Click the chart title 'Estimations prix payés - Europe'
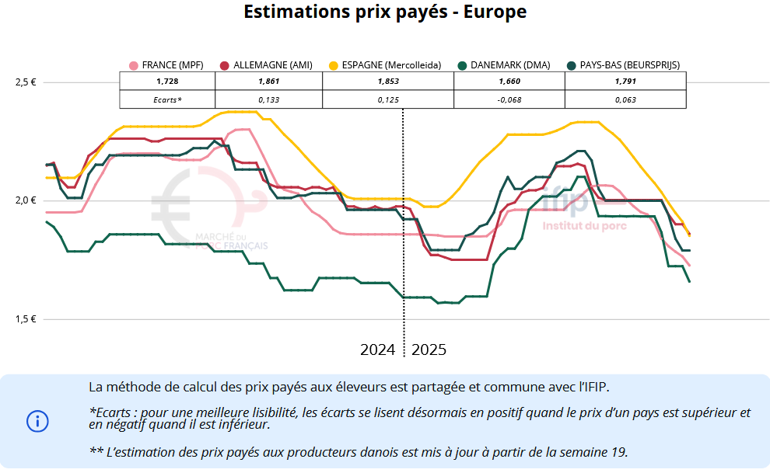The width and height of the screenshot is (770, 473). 385,12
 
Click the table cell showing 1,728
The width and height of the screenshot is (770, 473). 167,82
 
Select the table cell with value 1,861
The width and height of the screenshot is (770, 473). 268,82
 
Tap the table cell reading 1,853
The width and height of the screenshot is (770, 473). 388,82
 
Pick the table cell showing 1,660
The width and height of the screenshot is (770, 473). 509,82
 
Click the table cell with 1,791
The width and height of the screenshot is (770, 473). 625,82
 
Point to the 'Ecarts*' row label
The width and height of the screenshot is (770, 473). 167,99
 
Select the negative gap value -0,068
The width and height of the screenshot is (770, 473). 509,99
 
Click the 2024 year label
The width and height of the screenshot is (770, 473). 378,350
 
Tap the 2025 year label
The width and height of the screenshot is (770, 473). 429,350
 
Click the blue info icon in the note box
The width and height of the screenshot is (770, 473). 37,421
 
